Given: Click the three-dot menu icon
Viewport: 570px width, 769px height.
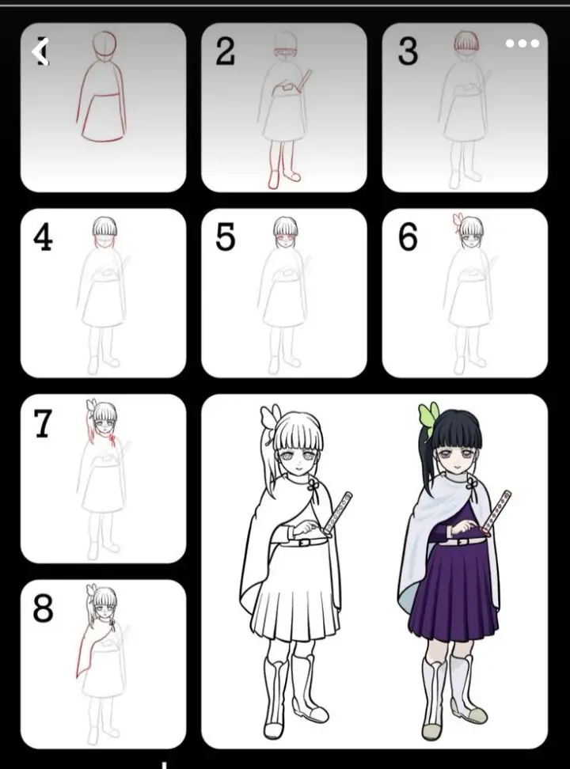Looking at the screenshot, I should (522, 44).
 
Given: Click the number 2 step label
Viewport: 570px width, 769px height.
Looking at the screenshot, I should (226, 52).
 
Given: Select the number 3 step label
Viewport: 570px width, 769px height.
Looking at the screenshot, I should (408, 52).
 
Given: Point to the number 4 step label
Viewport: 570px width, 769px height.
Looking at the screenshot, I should (44, 238).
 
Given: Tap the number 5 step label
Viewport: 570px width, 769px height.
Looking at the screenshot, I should (226, 238).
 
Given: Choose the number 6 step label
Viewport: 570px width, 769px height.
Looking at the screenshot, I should (408, 238).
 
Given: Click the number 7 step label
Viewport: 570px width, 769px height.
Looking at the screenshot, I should (44, 425).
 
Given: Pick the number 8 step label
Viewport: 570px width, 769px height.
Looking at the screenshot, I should (44, 610).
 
